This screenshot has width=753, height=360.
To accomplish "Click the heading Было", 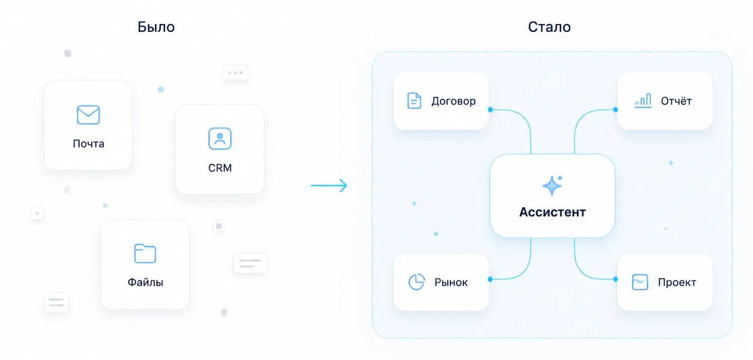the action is click(x=156, y=27).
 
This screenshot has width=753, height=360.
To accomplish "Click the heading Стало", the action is click(x=549, y=27).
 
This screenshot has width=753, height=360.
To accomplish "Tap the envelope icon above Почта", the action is click(x=89, y=115).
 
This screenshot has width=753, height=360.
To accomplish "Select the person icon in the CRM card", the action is click(x=220, y=138).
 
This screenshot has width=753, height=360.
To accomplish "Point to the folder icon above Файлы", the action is click(x=145, y=253).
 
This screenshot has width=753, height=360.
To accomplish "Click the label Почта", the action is click(x=89, y=144).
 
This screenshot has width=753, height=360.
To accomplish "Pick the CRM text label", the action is click(x=220, y=168).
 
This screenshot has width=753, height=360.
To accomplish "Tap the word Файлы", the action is click(x=145, y=282).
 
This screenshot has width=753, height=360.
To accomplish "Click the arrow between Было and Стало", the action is click(x=329, y=185).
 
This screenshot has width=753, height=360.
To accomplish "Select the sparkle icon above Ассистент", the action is click(x=552, y=185).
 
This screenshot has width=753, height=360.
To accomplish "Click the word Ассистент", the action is click(x=552, y=212).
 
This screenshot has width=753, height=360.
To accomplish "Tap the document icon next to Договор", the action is click(x=414, y=101).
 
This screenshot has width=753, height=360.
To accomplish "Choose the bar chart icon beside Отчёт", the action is click(x=643, y=101).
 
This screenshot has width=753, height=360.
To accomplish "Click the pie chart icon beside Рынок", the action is click(x=417, y=282).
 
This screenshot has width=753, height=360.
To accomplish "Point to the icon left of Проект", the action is click(x=640, y=282).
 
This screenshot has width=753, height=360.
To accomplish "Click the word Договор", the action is click(x=453, y=101).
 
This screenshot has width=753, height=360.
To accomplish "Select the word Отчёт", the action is click(x=676, y=101).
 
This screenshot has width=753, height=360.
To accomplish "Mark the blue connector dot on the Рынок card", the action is click(x=490, y=279).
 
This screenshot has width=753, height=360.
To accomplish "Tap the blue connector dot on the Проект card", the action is click(x=616, y=279).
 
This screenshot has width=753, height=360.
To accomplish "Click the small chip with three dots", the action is click(x=235, y=72).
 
